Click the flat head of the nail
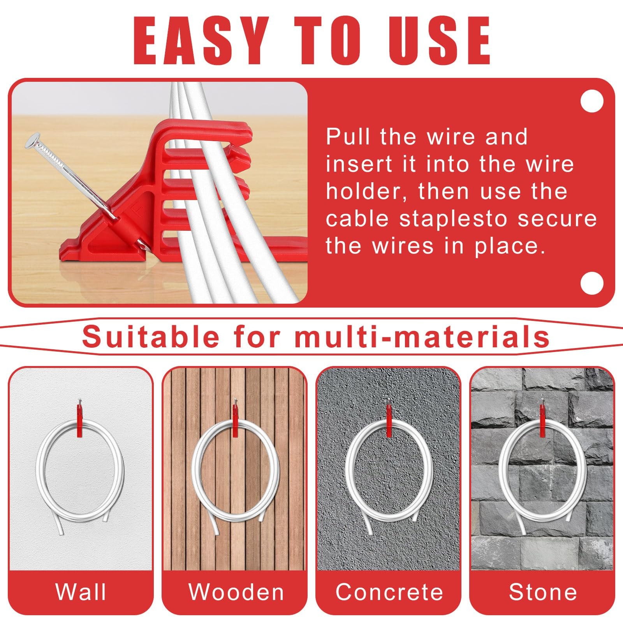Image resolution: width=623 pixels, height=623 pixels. coord(33,140)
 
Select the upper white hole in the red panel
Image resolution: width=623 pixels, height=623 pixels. coord(591,101)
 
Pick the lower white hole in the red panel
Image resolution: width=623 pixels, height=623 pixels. coord(591,283)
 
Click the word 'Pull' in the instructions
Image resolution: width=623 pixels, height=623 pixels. coord(349,137)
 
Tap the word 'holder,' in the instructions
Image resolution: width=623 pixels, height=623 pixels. coord(368,192)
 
